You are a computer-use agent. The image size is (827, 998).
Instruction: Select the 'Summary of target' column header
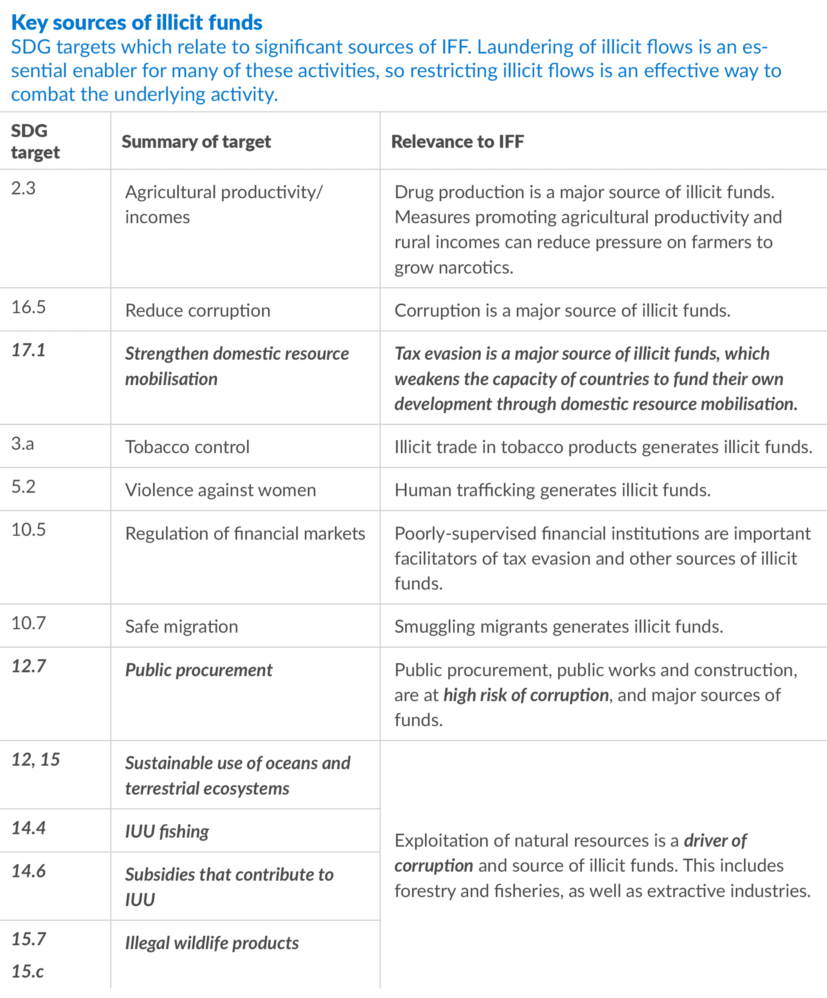coord(196,142)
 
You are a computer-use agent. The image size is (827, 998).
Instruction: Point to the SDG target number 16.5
coord(28,307)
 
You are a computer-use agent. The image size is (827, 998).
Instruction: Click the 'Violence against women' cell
coord(220,490)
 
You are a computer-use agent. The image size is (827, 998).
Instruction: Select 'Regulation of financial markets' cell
coord(245,533)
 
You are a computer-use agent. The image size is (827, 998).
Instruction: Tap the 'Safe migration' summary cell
coord(181,626)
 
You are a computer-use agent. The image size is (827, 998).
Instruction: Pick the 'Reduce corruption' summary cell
coord(197,310)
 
